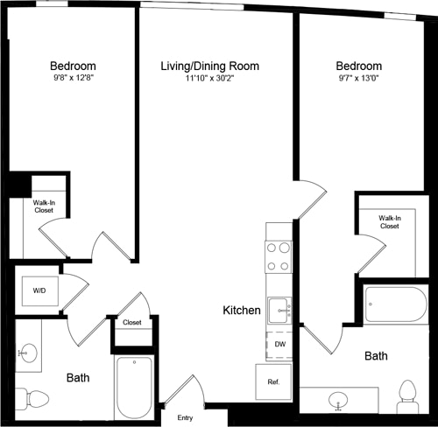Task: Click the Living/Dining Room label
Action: [x=209, y=66]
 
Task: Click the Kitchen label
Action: [x=241, y=311]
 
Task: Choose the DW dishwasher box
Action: [x=280, y=345]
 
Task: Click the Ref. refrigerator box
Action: [x=272, y=381]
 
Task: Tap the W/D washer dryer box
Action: [x=39, y=290]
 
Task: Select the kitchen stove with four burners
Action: [x=279, y=256]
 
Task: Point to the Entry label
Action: [x=185, y=417]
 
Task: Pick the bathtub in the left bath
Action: [x=133, y=387]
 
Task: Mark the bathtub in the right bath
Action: [x=394, y=305]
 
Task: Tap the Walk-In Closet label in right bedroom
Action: [x=389, y=221]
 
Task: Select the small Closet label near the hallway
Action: [x=131, y=323]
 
